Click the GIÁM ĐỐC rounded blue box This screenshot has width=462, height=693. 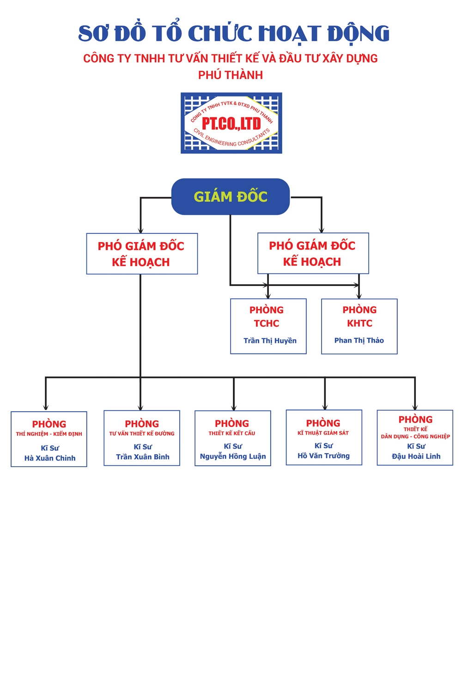click(231, 197)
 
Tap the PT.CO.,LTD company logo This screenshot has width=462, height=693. click(231, 123)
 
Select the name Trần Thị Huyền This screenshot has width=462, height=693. click(270, 340)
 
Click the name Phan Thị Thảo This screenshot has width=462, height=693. click(359, 340)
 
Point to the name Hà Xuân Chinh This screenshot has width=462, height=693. click(50, 458)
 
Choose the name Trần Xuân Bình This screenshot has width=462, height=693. click(143, 457)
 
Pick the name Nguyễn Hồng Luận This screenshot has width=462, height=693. click(233, 456)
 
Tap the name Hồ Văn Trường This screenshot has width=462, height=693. click(323, 456)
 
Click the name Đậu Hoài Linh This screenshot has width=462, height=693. click(416, 456)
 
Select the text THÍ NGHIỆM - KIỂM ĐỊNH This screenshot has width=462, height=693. click(49, 434)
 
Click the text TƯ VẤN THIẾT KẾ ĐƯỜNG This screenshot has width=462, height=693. click(142, 434)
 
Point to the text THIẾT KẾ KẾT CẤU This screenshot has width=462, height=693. click(232, 433)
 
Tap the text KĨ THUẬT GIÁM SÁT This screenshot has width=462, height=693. click(323, 433)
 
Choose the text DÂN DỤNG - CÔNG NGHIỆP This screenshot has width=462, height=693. click(415, 437)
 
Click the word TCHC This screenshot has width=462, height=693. click(267, 323)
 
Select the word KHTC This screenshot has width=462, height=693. click(359, 323)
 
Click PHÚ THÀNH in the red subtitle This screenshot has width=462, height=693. click(231, 75)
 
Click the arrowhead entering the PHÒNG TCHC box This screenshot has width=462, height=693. click(268, 296)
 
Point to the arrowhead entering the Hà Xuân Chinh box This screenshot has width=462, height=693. click(46, 407)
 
